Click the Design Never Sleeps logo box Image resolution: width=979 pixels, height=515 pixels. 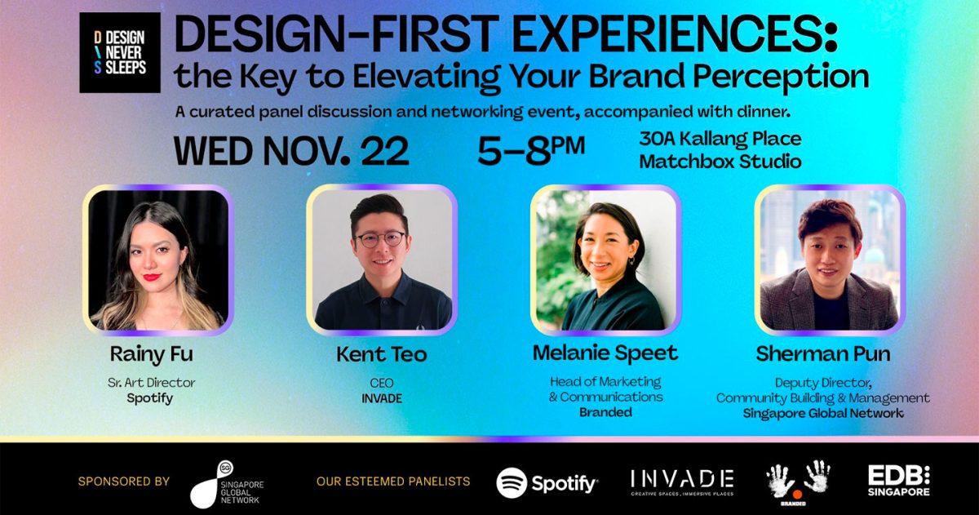coord(120,52)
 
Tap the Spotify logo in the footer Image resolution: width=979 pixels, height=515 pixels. coord(547,483)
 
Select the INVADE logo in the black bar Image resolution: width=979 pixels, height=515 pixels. coord(682,482)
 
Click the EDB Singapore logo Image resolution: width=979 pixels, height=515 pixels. coord(899,481)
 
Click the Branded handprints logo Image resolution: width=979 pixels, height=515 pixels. coord(798,482)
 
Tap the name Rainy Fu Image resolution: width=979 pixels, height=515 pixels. coord(151,354)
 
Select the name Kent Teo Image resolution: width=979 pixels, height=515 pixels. coord(382,354)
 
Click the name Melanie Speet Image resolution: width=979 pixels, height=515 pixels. coord(605,353)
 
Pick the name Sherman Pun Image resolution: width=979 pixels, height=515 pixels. coord(823,353)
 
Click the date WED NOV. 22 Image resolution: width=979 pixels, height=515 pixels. coord(291,151)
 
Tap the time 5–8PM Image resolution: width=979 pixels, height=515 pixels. coord(531,151)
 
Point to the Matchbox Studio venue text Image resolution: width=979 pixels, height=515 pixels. coord(720,162)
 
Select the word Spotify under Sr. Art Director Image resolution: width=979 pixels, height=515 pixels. coord(150,399)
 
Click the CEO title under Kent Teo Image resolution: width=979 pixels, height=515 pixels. coord(382,383)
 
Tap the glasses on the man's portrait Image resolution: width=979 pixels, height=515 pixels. coord(381,239)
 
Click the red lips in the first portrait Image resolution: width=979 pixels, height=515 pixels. coord(152,277)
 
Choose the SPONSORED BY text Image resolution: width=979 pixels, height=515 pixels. coord(124,482)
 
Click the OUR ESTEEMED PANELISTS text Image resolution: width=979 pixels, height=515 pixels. coord(393,482)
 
